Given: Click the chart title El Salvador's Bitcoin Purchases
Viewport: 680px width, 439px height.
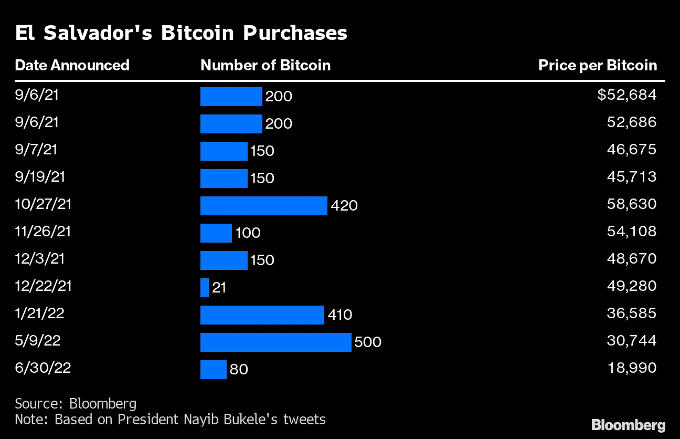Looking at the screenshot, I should (x=181, y=33).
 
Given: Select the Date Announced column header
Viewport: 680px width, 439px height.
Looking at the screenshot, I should (x=72, y=65).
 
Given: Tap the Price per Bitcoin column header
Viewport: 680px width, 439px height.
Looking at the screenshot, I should (x=598, y=65).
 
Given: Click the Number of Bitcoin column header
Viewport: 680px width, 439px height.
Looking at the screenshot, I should (x=265, y=65).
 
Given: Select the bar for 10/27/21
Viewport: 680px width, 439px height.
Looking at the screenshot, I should (x=263, y=205).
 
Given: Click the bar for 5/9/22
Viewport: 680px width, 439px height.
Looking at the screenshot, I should (x=275, y=342).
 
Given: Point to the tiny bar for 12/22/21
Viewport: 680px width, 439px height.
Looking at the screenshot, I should (x=205, y=287).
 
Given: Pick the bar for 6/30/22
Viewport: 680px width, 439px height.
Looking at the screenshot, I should (x=213, y=369).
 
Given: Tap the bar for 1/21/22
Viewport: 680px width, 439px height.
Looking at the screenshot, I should (x=262, y=315).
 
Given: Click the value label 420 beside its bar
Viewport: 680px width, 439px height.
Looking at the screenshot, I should (x=344, y=205).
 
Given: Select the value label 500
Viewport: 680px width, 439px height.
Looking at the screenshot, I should (x=368, y=342).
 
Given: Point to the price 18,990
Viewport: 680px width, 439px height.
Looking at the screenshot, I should (x=632, y=368).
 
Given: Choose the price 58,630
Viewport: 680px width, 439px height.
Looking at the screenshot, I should (x=632, y=204).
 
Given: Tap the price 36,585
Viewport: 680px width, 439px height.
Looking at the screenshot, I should (x=632, y=313).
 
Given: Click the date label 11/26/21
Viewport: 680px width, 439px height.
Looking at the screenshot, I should (x=43, y=231).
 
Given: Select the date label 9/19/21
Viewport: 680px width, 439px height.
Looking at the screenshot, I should (x=40, y=176).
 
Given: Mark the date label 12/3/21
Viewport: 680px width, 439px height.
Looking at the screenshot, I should (x=40, y=258).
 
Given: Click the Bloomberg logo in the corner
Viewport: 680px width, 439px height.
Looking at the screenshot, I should (x=628, y=425).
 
